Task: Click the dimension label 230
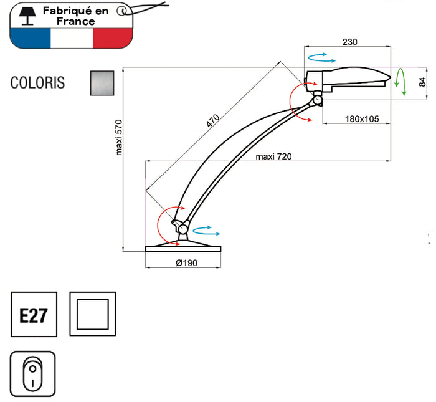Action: coord(350,42)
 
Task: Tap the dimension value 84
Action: coord(422,80)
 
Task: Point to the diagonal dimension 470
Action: coord(214,121)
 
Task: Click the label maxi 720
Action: coord(273,156)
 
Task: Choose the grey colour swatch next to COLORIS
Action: coord(103,82)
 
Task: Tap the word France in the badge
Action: coord(75,21)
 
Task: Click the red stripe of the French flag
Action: coord(113,38)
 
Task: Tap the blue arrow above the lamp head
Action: coord(321,57)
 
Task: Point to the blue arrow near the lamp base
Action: coord(207,231)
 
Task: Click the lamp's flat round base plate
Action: coord(183,248)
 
